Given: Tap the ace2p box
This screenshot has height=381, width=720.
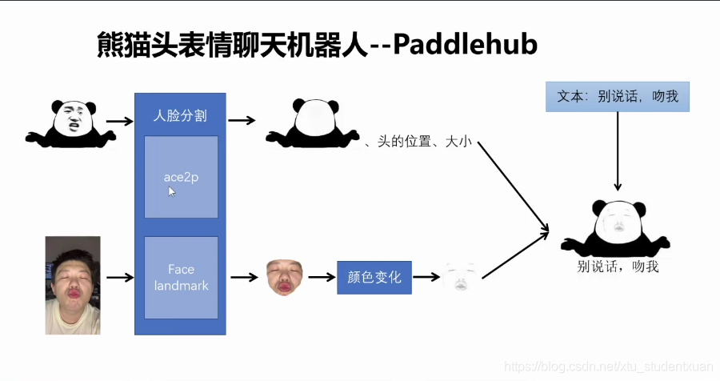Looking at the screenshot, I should [x=181, y=177].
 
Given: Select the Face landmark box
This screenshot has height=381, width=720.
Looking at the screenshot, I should [x=181, y=277].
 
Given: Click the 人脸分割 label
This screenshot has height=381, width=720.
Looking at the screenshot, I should [x=180, y=115].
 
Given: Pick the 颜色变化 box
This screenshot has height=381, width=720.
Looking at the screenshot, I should [x=374, y=278].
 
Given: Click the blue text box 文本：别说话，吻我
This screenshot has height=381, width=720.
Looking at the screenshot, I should [x=617, y=97].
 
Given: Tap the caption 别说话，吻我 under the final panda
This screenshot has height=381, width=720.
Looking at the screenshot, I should [x=618, y=267].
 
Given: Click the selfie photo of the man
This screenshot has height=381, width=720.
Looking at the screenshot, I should [x=73, y=284].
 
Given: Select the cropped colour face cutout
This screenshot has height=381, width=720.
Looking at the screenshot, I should [x=284, y=276].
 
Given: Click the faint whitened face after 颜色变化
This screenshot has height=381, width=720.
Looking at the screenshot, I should [x=460, y=277].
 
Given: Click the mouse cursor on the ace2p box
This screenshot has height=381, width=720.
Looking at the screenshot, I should [x=171, y=191].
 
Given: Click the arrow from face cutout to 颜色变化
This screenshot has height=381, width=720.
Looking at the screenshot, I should [x=321, y=278].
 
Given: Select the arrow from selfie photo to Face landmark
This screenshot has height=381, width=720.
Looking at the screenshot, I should [x=119, y=278].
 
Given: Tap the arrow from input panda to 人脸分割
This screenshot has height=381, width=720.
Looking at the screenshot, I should [x=119, y=122].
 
